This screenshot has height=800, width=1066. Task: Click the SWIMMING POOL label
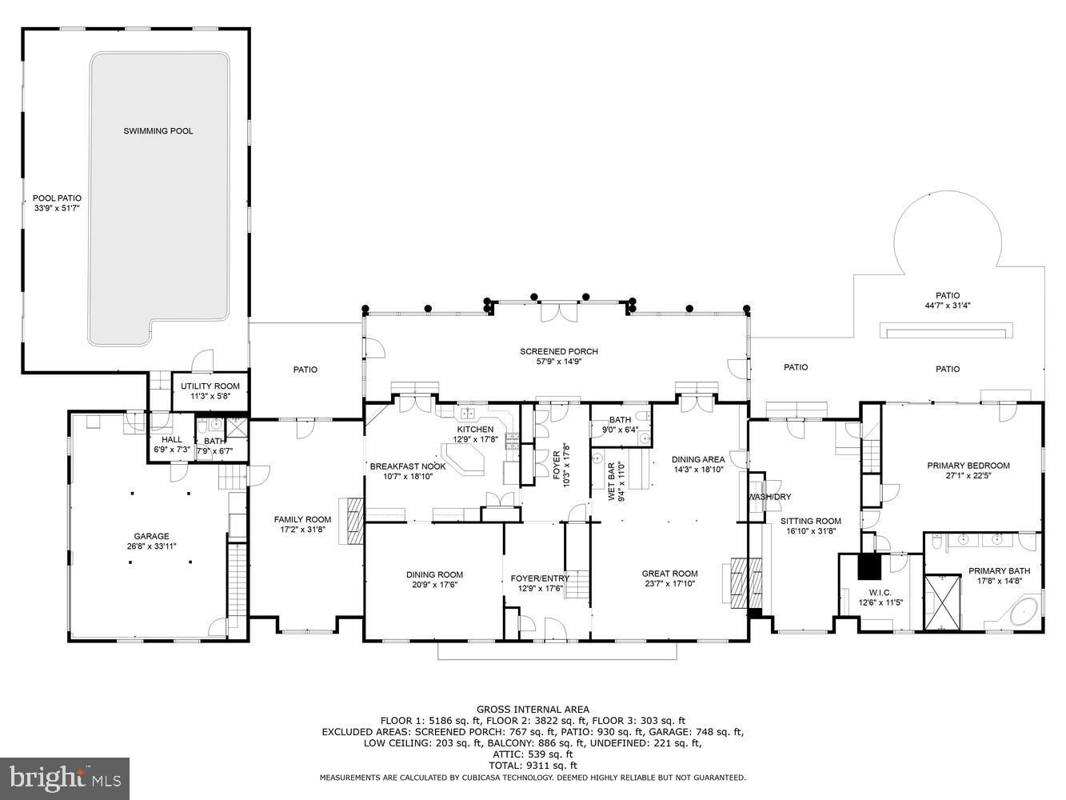coord(158,131)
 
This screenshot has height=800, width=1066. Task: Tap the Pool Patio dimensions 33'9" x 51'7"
coord(57,208)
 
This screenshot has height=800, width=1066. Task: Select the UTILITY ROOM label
coord(210,386)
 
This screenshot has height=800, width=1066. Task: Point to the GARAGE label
coord(151,536)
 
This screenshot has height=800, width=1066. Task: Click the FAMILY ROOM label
coord(302,520)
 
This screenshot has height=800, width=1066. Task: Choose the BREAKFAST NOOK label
coord(408,466)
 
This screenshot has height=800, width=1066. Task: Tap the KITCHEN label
coord(475,430)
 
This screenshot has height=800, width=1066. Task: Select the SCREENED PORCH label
coord(559,352)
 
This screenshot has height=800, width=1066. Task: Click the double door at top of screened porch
coord(560,311)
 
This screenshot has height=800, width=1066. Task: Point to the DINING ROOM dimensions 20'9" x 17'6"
coord(435,585)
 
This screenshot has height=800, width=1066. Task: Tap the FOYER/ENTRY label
coord(540,578)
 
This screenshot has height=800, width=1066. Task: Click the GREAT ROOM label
coord(669,574)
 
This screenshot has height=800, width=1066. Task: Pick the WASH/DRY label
coord(770,497)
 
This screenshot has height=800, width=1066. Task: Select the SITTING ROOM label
coord(811,521)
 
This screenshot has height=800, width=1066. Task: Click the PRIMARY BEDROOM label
coord(968,466)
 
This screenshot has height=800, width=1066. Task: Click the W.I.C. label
coord(880,593)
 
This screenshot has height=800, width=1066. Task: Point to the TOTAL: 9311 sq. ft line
coord(533,766)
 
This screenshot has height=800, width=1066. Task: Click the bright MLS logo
coord(65,778)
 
